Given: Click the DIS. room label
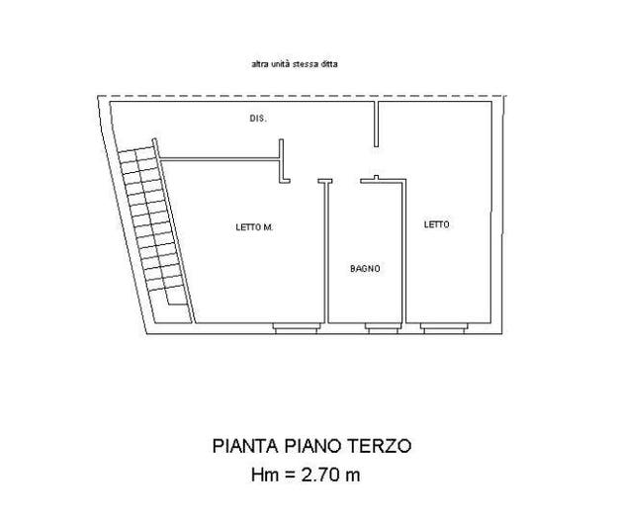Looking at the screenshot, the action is pyautogui.click(x=258, y=118).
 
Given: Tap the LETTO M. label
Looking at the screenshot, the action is pyautogui.click(x=254, y=227).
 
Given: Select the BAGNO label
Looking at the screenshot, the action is pyautogui.click(x=365, y=268).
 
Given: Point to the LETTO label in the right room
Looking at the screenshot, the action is pyautogui.click(x=436, y=224).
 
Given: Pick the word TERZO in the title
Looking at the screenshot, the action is pyautogui.click(x=380, y=446).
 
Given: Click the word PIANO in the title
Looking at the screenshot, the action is pyautogui.click(x=312, y=446).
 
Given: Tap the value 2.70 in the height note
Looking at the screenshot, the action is pyautogui.click(x=320, y=475).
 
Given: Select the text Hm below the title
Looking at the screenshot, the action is pyautogui.click(x=265, y=475).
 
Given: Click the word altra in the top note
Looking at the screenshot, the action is pyautogui.click(x=258, y=63).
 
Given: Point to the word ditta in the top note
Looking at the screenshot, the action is pyautogui.click(x=329, y=63).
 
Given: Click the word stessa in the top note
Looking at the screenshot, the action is pyautogui.click(x=306, y=63).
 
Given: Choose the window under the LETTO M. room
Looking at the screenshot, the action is pyautogui.click(x=297, y=328).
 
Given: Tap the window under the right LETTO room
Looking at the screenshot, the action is pyautogui.click(x=444, y=328).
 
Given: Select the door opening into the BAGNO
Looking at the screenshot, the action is pyautogui.click(x=346, y=181).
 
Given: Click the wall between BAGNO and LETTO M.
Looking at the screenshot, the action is pyautogui.click(x=326, y=252).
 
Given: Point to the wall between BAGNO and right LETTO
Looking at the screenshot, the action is pyautogui.click(x=403, y=252).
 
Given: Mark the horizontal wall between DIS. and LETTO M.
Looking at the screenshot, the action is pyautogui.click(x=220, y=159).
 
